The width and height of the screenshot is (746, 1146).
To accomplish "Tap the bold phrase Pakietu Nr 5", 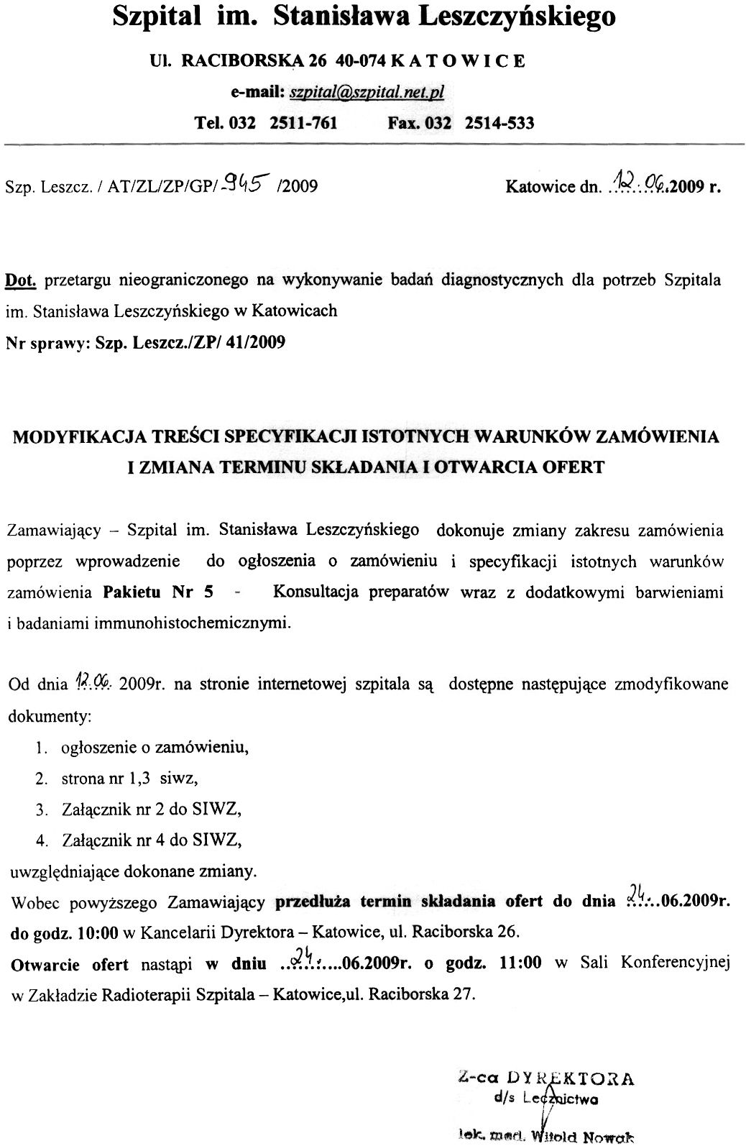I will tap(159, 592).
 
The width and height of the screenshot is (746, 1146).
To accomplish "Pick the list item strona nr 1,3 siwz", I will tap(130, 778).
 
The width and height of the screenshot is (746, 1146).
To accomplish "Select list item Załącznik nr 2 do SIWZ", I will tap(152, 809).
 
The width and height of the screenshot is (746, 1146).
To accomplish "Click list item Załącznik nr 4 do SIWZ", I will tap(152, 840).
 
